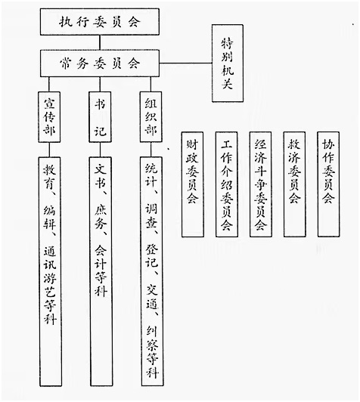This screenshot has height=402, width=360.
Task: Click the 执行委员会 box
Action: pyautogui.click(x=100, y=22)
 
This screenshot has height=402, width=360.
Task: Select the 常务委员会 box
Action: pyautogui.click(x=100, y=63)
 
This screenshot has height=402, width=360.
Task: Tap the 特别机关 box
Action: pyautogui.click(x=228, y=63)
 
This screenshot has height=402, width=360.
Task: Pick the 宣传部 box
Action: pyautogui.click(x=49, y=117)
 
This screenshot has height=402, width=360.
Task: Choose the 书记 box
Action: pyautogui.click(x=100, y=117)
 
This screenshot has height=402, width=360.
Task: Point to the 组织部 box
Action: pyautogui.click(x=151, y=117)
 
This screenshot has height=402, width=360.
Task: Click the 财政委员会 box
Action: pyautogui.click(x=193, y=184)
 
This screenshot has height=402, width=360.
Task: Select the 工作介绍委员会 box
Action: pyautogui.click(x=227, y=184)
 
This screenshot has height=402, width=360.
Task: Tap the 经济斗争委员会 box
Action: pyautogui.click(x=261, y=184)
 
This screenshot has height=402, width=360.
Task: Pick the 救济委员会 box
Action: pyautogui.click(x=294, y=184)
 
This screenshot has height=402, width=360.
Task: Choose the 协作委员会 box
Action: pyautogui.click(x=328, y=184)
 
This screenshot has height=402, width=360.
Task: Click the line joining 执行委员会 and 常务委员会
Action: pyautogui.click(x=100, y=42)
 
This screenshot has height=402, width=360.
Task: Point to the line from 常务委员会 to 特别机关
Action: pyautogui.click(x=186, y=63)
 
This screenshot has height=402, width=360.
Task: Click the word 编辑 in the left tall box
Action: pyautogui.click(x=49, y=218)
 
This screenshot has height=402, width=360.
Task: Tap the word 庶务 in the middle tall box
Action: pyautogui.click(x=101, y=218)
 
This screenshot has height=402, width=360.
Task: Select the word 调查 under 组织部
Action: pyautogui.click(x=151, y=217)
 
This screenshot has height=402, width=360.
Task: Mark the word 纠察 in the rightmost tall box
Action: pyautogui.click(x=152, y=339)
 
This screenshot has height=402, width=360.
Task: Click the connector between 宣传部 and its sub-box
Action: pyautogui.click(x=49, y=150)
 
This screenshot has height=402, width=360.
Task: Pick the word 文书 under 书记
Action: pyautogui.click(x=101, y=176)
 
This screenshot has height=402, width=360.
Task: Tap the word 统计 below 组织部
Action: pyautogui.click(x=151, y=175)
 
